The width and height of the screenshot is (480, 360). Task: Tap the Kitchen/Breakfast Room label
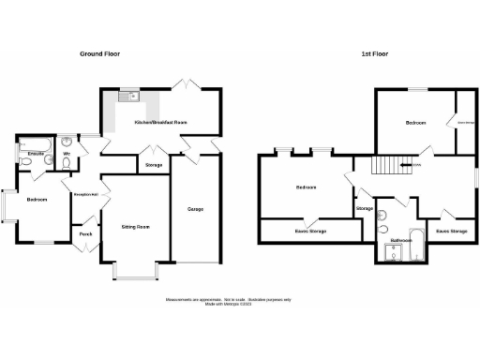tap(160, 123)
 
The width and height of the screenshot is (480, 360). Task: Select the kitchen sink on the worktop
tap(126, 94)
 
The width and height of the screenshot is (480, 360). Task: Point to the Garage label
tap(195, 208)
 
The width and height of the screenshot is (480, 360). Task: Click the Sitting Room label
tap(135, 227)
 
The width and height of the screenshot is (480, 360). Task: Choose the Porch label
tap(85, 233)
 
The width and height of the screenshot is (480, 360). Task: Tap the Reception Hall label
tap(86, 194)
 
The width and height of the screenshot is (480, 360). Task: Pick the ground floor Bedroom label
tap(37, 200)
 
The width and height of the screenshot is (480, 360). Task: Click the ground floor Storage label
tap(154, 166)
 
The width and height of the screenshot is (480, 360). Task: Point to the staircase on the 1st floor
tap(387, 166)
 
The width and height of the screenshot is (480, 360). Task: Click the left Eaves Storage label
tap(310, 230)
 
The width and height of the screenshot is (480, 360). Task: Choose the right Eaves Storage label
tap(453, 230)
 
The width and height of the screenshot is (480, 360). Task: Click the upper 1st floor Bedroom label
tap(416, 123)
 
